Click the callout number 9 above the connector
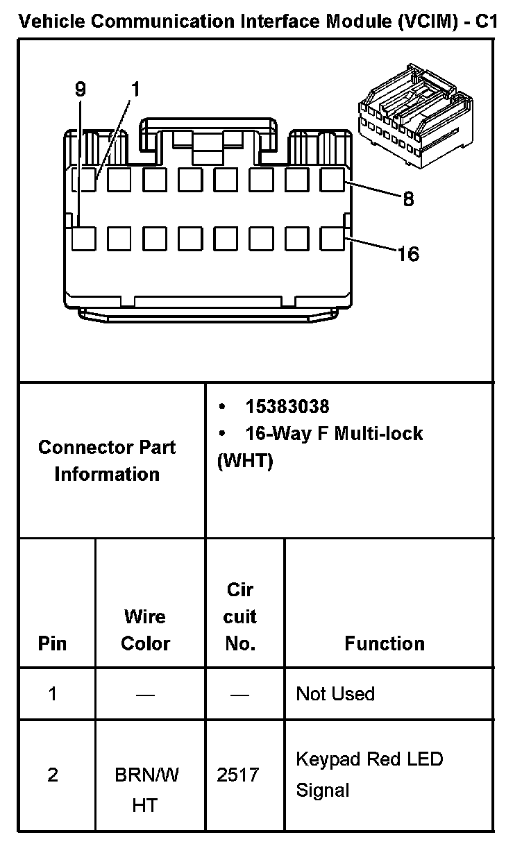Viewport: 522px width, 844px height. (81, 90)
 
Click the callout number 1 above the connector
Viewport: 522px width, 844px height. (135, 90)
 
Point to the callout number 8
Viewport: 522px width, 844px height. (408, 200)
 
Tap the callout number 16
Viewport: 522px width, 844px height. (408, 254)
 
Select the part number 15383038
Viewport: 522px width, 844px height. (287, 406)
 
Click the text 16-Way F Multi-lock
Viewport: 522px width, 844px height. (334, 434)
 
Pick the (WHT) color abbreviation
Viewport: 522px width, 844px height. (245, 462)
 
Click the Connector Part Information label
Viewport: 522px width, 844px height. (107, 461)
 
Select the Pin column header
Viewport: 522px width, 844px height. (53, 643)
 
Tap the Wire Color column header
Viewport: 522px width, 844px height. (145, 630)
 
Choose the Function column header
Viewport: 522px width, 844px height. (385, 643)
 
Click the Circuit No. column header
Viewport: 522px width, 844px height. (240, 616)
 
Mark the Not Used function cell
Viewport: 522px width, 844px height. (335, 693)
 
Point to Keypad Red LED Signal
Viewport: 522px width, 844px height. (369, 775)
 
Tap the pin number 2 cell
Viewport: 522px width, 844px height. (53, 775)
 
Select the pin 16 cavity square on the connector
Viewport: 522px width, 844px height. (333, 239)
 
